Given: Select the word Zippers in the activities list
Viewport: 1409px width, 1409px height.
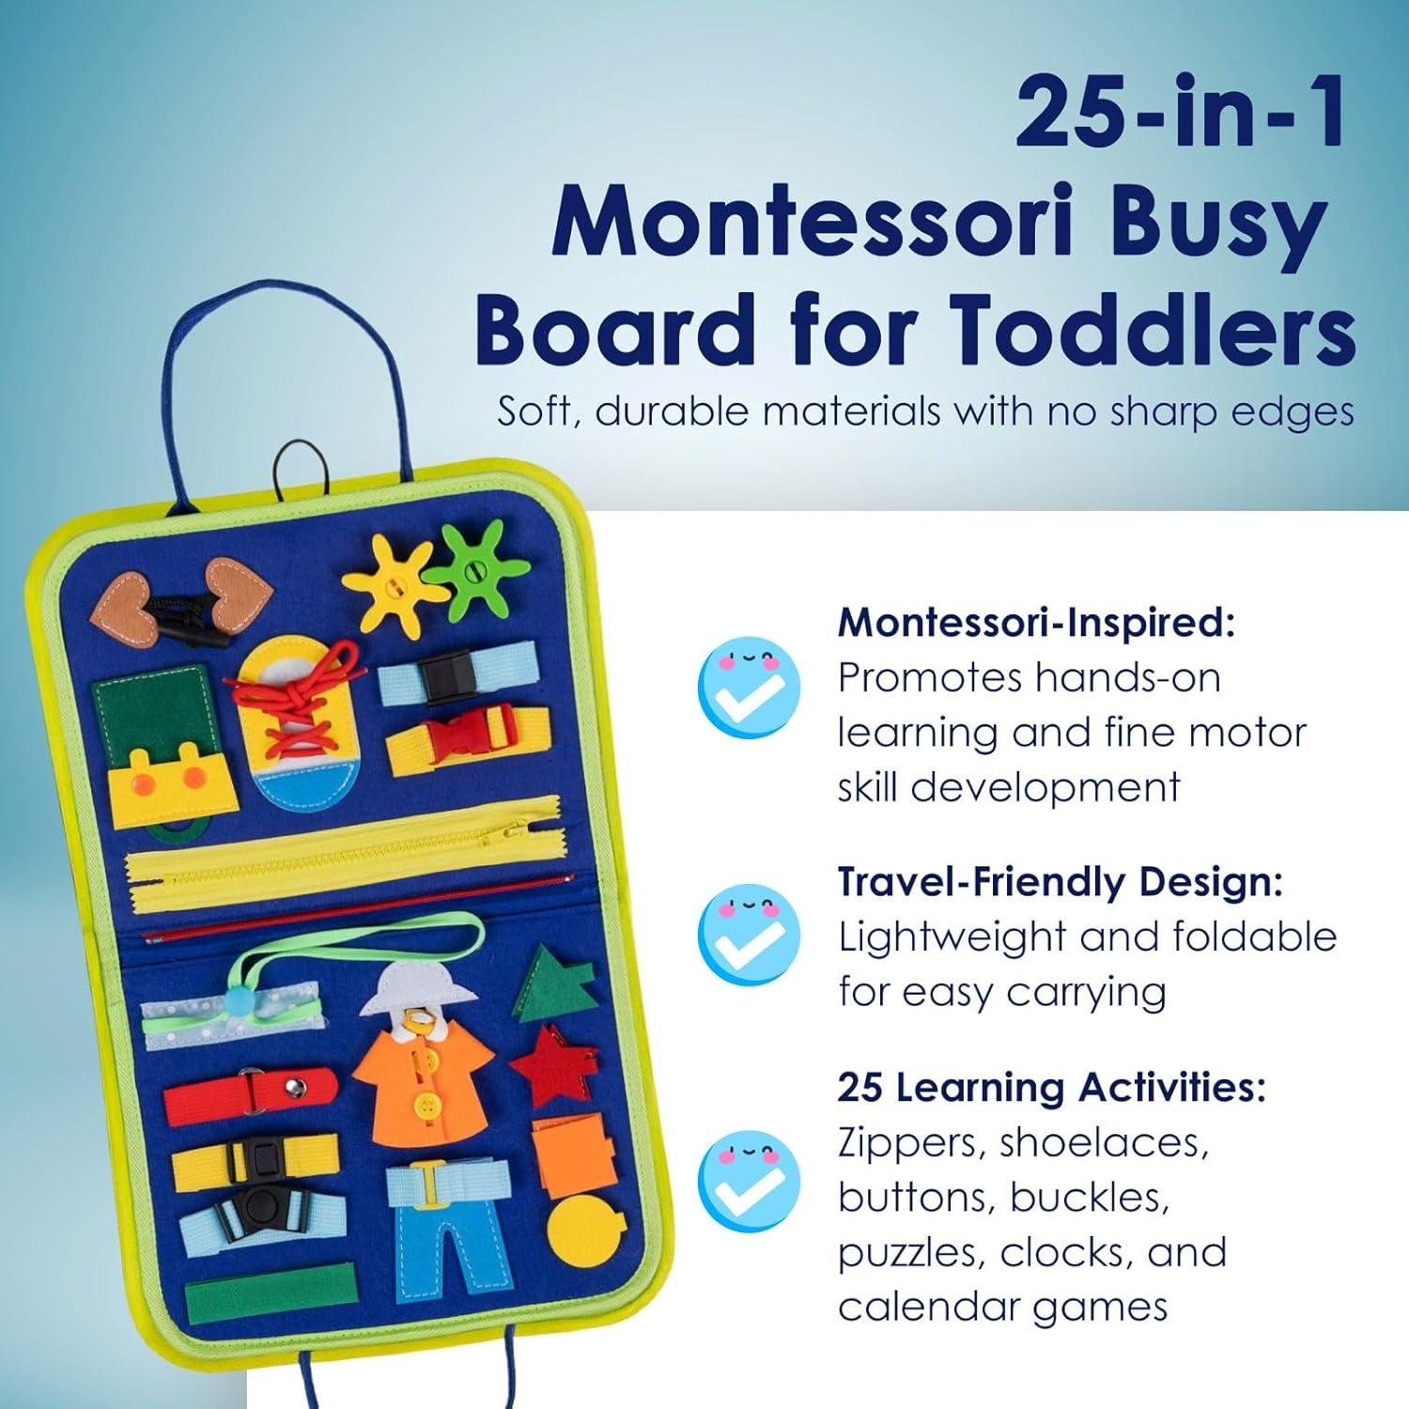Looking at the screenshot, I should click(904, 1144).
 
